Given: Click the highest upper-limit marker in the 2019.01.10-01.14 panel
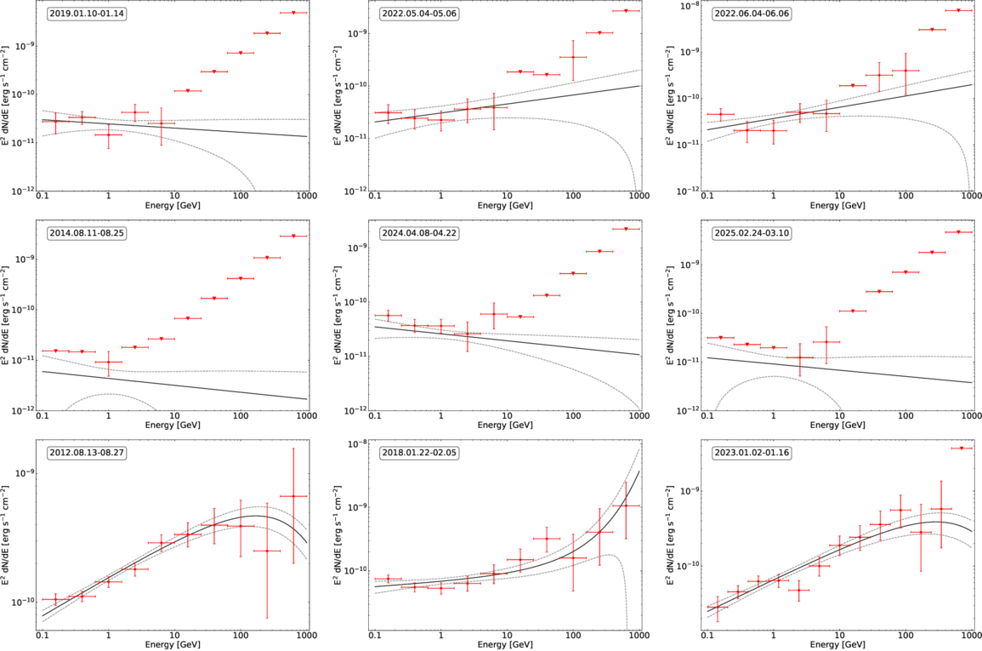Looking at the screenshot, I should [x=294, y=13].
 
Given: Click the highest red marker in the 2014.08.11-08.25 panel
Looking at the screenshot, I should [x=294, y=236].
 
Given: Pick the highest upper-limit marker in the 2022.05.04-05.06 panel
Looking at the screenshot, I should [x=626, y=11].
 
